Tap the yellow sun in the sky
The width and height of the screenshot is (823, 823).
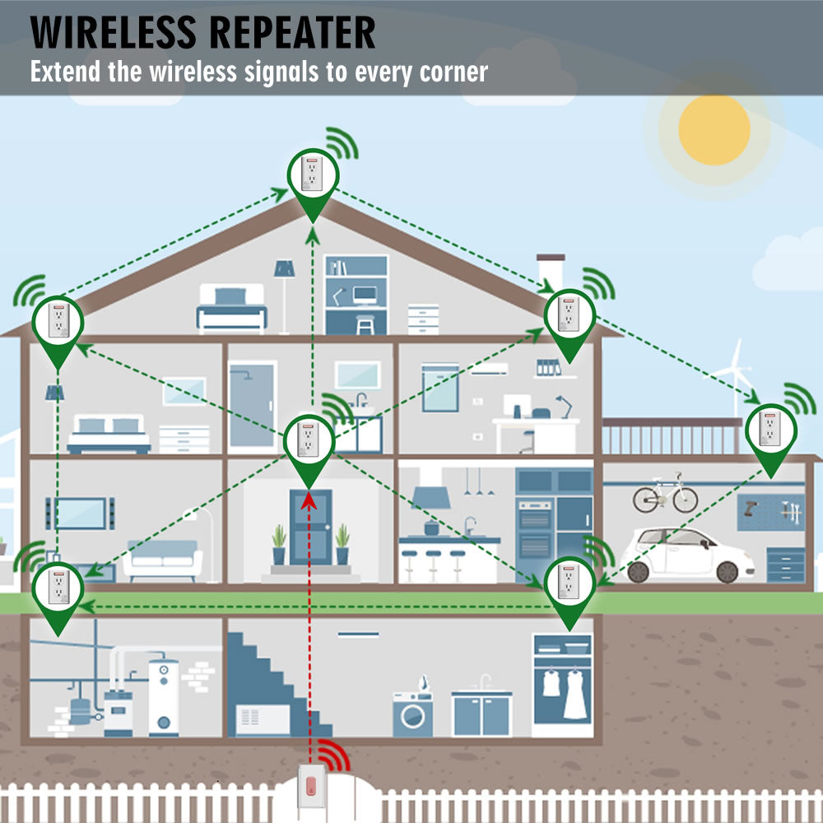coord(714,129)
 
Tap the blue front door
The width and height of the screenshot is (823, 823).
coord(310,527)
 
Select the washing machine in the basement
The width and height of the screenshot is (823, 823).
coord(412,714)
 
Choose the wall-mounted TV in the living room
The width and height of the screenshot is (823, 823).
coord(80,513)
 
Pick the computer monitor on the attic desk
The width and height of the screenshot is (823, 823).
coord(365,294)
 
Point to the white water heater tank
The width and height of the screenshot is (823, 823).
coord(164,695)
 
